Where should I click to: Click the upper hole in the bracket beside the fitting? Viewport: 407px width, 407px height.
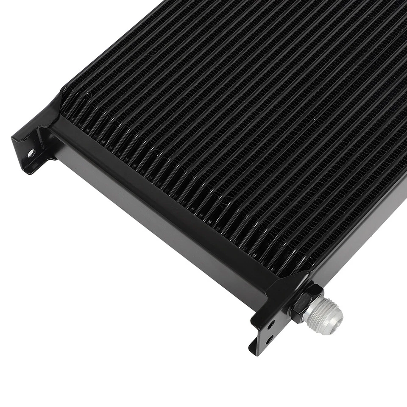270,325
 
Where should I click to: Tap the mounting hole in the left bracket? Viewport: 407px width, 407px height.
31,153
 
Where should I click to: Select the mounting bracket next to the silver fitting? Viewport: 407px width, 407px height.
265,326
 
